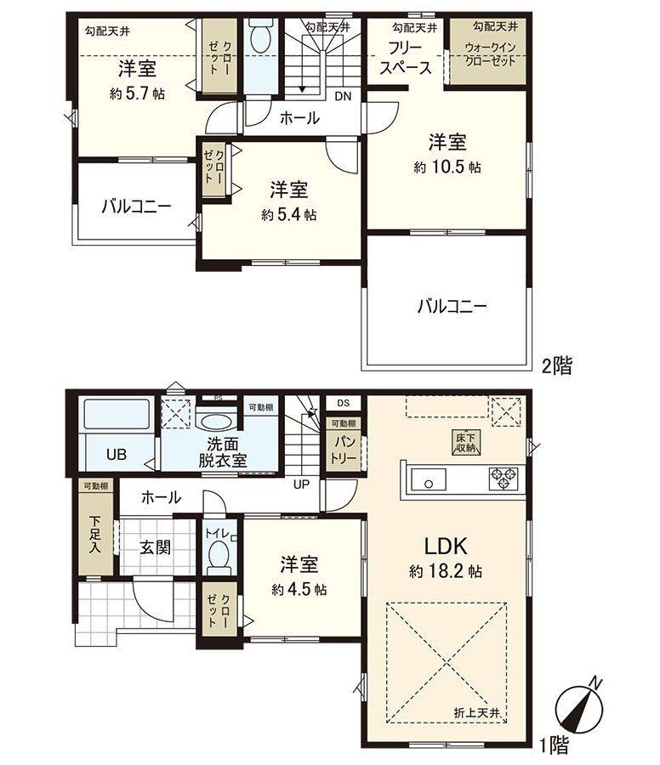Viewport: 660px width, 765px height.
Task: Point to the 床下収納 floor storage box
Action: pos(464,443)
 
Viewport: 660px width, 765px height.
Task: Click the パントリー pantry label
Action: pos(343,449)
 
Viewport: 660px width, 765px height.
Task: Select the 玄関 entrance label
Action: pos(155,547)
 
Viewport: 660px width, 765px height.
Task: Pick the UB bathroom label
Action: pos(116,455)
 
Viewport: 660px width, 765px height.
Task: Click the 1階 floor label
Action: pos(554,746)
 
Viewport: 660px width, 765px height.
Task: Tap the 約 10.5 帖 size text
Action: pos(447,167)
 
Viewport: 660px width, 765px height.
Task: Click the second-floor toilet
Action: pos(261,37)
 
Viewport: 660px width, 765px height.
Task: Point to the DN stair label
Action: pos(342,96)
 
